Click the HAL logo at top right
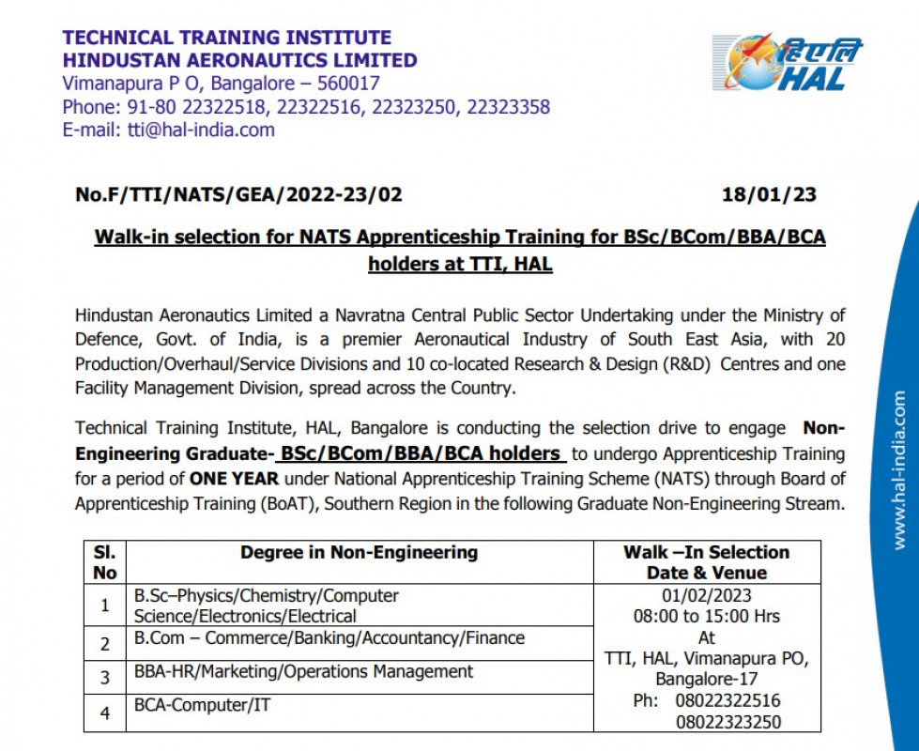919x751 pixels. pos(787,64)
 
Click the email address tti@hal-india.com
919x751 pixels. pos(201,130)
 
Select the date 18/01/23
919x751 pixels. pos(769,195)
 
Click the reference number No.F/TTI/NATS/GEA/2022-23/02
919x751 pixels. pos(238,195)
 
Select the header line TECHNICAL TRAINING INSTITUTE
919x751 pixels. pos(226,38)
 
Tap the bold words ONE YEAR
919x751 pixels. pos(234,478)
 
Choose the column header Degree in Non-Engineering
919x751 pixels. pos(359,552)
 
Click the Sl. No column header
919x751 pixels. pos(105,562)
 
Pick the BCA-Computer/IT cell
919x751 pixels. pos(202,704)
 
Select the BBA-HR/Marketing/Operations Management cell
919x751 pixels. pos(303,671)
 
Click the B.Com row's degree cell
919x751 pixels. pos(329,638)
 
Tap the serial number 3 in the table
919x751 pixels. pos(105,677)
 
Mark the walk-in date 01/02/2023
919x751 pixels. pos(706,596)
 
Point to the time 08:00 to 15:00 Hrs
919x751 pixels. pos(706,617)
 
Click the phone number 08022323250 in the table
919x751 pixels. pos(728,722)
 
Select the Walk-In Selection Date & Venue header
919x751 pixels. pos(706,562)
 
